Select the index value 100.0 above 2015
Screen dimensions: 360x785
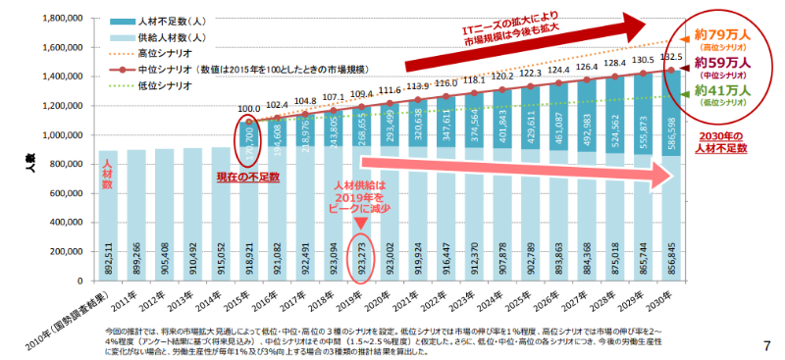248,109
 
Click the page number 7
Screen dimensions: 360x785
765,346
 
